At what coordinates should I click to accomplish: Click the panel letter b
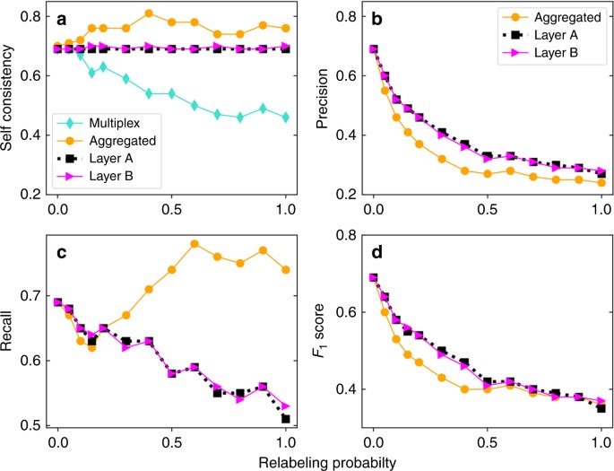click(375, 19)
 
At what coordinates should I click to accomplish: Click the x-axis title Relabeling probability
click(307, 459)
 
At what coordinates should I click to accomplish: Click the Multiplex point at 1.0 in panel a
click(285, 118)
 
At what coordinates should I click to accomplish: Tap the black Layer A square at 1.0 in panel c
click(285, 418)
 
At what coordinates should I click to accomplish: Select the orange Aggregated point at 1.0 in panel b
click(600, 183)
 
